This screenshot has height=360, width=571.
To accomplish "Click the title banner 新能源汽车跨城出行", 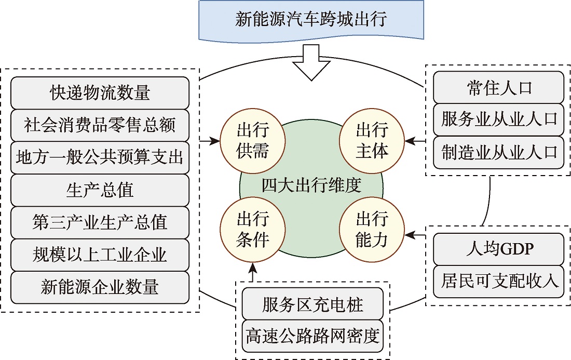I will pyautogui.click(x=311, y=20).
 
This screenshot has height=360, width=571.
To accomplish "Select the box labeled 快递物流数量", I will pyautogui.click(x=100, y=92).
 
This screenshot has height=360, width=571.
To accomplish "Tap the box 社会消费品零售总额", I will pyautogui.click(x=100, y=125).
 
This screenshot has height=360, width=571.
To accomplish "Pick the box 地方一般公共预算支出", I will pyautogui.click(x=100, y=157).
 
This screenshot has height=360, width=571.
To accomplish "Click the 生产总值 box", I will pyautogui.click(x=100, y=190).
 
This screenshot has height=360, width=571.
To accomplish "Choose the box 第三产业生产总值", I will pyautogui.click(x=100, y=222).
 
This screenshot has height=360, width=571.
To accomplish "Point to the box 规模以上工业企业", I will pyautogui.click(x=100, y=255).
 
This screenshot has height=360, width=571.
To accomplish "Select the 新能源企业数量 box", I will pyautogui.click(x=100, y=287).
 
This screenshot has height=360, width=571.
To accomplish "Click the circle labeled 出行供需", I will pyautogui.click(x=252, y=140).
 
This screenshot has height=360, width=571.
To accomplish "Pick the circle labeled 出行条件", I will pyautogui.click(x=252, y=229).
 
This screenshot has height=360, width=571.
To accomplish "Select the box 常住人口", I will pyautogui.click(x=499, y=87).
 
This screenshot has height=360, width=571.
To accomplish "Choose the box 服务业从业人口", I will pyautogui.click(x=499, y=119).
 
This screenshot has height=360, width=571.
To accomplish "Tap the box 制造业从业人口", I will pyautogui.click(x=499, y=152).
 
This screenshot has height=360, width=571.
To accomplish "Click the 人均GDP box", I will pyautogui.click(x=499, y=249).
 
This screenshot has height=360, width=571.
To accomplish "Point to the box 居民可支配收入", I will pyautogui.click(x=499, y=282).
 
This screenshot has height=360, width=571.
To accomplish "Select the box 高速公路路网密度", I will pyautogui.click(x=314, y=337).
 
